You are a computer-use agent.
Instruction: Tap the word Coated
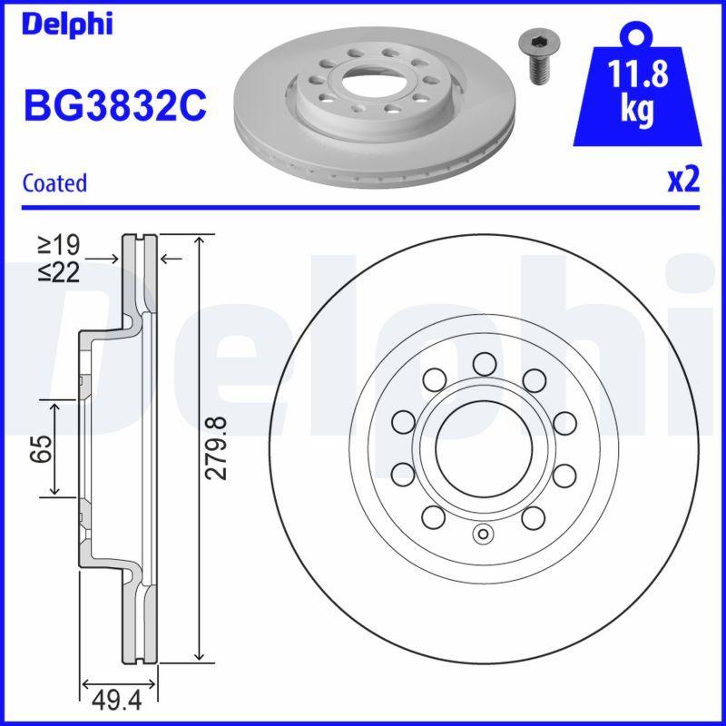click(x=54, y=182)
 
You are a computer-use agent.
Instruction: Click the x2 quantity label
click(x=683, y=181)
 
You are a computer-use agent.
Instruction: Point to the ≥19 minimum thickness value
click(x=59, y=244)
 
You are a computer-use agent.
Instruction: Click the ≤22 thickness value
click(x=59, y=271)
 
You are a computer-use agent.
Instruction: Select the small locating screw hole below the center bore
click(x=483, y=534)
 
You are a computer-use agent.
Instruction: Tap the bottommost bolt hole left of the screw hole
click(x=434, y=517)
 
